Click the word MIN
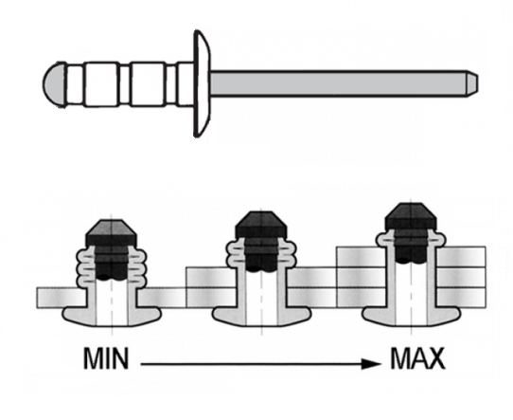coord(106,358)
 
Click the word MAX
coord(417,358)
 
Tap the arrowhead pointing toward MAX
coord(371,363)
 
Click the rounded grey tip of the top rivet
coord(55,83)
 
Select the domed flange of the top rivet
coord(202,83)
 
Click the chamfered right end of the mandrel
coord(472,83)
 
